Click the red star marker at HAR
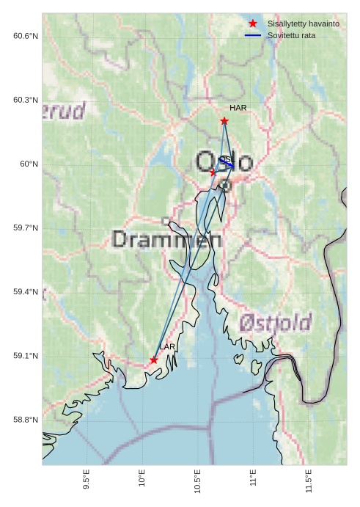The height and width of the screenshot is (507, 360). pos(224,120)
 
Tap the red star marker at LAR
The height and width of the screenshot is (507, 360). pos(154,360)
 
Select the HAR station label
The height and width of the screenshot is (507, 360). pos(238,108)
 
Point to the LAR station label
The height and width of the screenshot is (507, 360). pos(167,346)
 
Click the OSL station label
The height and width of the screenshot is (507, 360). pos(226,159)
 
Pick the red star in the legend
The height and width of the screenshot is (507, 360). pos(253,23)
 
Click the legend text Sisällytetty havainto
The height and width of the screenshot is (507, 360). pos(303,23)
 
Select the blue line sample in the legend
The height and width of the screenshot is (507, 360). pos(253,35)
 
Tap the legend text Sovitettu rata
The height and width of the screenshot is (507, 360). pos(292,35)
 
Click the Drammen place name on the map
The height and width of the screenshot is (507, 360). pos(167,239)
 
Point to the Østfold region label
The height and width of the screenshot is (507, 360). pos(276,322)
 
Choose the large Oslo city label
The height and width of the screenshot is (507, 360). pos(224,163)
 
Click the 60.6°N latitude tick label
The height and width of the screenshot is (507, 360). pos(26,36)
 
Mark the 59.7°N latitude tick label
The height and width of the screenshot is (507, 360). pos(26,228)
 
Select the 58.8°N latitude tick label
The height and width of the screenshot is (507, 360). pos(26,420)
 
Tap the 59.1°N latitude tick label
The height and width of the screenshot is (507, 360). pos(26,356)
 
